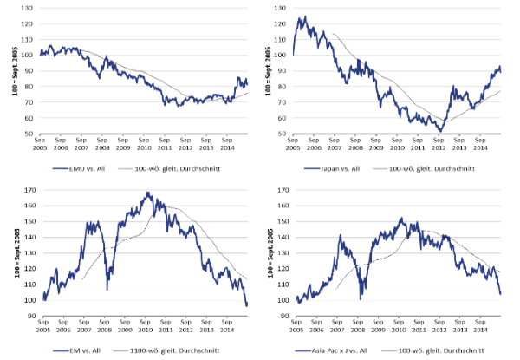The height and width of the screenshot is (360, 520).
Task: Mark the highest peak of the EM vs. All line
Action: [x=148, y=193]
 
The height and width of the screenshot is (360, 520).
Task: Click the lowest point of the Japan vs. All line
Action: [x=441, y=131]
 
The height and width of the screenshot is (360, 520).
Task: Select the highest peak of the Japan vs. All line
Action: [x=302, y=16]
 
